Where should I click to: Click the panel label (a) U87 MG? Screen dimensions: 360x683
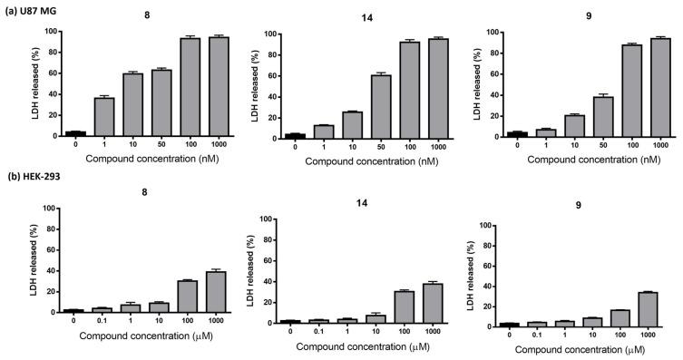tap(34, 7)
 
